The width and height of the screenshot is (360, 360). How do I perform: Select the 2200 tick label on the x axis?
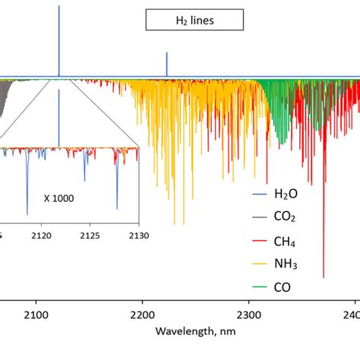point(143,314)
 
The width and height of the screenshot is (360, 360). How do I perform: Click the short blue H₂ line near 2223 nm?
point(167,65)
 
